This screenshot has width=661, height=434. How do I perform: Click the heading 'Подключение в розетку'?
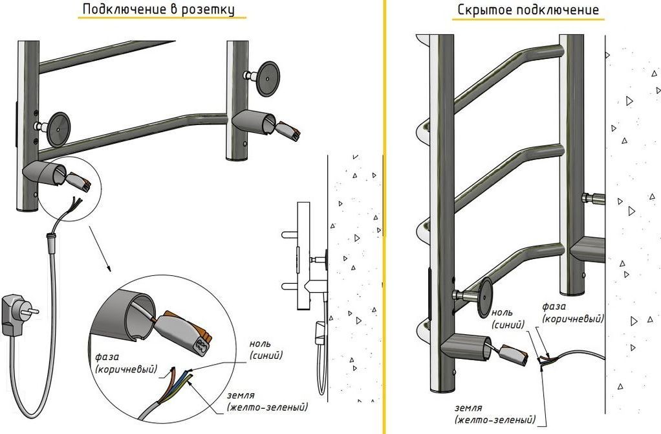(x=158, y=10)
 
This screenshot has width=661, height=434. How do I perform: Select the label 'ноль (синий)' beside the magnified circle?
(x=266, y=350)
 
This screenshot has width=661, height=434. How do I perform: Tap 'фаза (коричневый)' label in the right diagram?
(x=572, y=313)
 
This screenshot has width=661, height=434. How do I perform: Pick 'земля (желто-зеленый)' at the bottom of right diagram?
(x=495, y=415)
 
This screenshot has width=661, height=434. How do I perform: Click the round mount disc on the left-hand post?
(x=58, y=127)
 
